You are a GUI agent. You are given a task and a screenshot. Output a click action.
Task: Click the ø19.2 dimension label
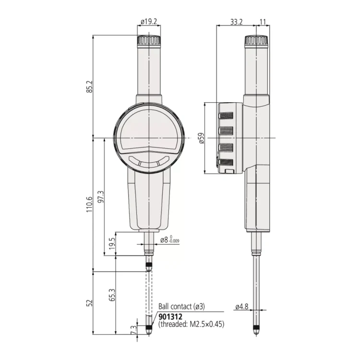tap(149, 22)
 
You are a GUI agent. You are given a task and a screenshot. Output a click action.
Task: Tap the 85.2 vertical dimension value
tap(90, 86)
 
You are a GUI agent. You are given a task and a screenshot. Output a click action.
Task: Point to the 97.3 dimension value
tap(101, 196)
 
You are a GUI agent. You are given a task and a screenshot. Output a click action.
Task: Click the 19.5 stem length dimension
tap(112, 243)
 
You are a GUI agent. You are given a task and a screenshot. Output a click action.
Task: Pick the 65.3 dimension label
tap(112, 295)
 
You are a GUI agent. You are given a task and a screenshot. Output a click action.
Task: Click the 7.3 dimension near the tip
tap(134, 330)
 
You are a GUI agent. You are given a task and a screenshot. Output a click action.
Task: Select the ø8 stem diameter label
tap(169, 240)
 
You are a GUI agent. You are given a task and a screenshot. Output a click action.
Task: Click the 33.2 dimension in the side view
tap(236, 22)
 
